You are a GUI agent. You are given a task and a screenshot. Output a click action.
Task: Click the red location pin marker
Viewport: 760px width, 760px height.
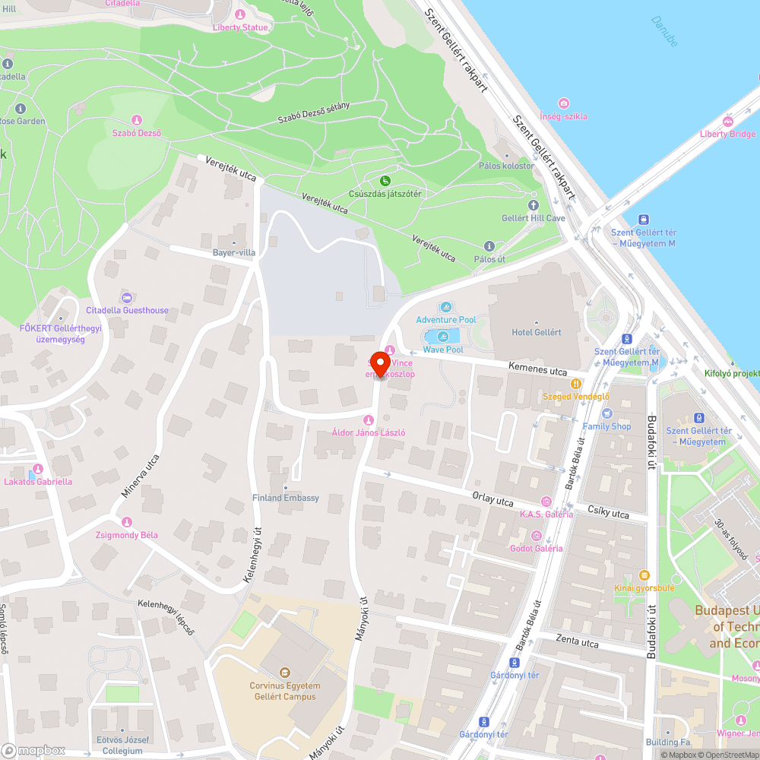(379, 363)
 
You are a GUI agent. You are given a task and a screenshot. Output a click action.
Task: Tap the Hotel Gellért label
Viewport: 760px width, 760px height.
(536, 332)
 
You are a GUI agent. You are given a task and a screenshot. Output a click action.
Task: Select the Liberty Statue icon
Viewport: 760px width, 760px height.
(241, 14)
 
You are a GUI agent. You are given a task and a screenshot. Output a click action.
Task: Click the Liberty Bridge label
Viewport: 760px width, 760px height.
(727, 135)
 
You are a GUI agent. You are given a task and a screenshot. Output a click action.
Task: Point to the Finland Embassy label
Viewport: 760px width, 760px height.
(286, 498)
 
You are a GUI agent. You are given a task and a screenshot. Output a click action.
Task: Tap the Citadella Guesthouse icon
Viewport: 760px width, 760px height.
(127, 298)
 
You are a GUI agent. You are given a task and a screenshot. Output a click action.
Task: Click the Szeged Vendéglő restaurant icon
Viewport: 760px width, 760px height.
(576, 384)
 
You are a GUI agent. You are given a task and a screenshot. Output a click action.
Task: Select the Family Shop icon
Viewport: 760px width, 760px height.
(606, 413)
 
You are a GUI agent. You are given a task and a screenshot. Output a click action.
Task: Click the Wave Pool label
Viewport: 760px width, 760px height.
(443, 350)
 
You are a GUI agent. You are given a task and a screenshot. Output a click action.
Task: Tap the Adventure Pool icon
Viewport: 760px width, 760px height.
(446, 308)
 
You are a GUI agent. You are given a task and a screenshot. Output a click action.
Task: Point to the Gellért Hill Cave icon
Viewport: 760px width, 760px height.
(533, 205)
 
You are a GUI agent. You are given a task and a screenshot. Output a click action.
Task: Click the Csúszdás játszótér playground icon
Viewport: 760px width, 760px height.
(385, 181)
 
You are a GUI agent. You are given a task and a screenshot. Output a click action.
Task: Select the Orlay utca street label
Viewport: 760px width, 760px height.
(493, 499)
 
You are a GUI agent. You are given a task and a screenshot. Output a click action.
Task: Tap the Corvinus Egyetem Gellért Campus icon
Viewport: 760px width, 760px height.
(285, 673)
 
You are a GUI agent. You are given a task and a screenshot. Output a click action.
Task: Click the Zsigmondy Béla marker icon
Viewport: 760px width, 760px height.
(127, 522)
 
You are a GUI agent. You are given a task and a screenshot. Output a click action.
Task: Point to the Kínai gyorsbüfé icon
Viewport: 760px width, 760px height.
(644, 575)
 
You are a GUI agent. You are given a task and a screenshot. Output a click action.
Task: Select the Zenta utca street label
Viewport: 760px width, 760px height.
(577, 641)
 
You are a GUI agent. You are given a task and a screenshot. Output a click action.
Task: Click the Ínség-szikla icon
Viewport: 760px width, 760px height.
(563, 103)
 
